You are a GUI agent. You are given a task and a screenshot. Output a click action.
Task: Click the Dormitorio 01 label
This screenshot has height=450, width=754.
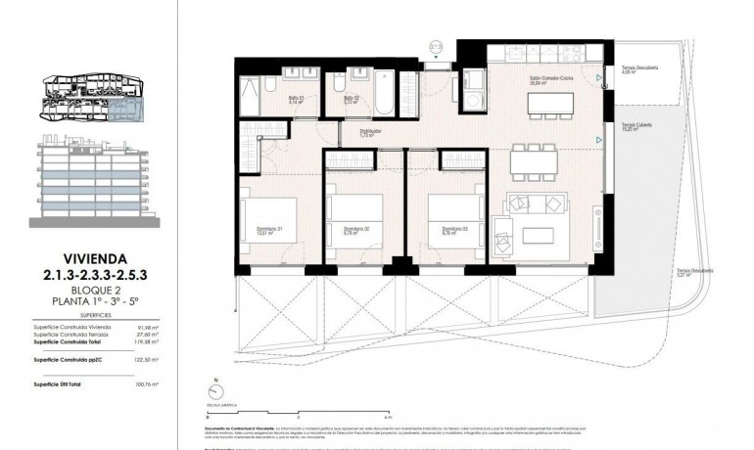[258, 231]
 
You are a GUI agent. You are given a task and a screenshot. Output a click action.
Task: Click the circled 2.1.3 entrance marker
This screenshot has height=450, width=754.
[437, 45]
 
